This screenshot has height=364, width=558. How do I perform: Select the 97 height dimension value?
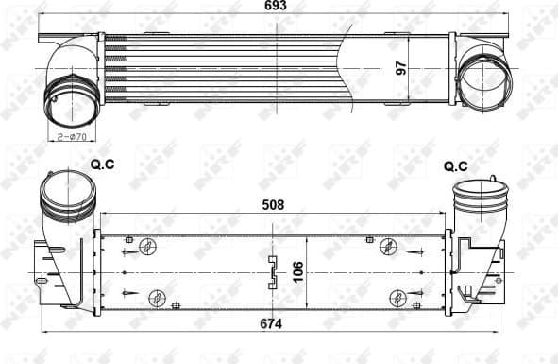click(x=400, y=67)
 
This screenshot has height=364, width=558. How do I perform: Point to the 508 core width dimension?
click(x=273, y=204)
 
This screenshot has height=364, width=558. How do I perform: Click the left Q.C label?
click(x=102, y=165)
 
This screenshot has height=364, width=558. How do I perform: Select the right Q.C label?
click(x=455, y=166)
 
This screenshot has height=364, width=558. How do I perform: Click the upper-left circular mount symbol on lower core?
click(x=148, y=248)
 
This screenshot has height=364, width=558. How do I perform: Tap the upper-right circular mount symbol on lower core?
click(x=386, y=247)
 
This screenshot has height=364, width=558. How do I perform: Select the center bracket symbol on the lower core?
click(x=273, y=271)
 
